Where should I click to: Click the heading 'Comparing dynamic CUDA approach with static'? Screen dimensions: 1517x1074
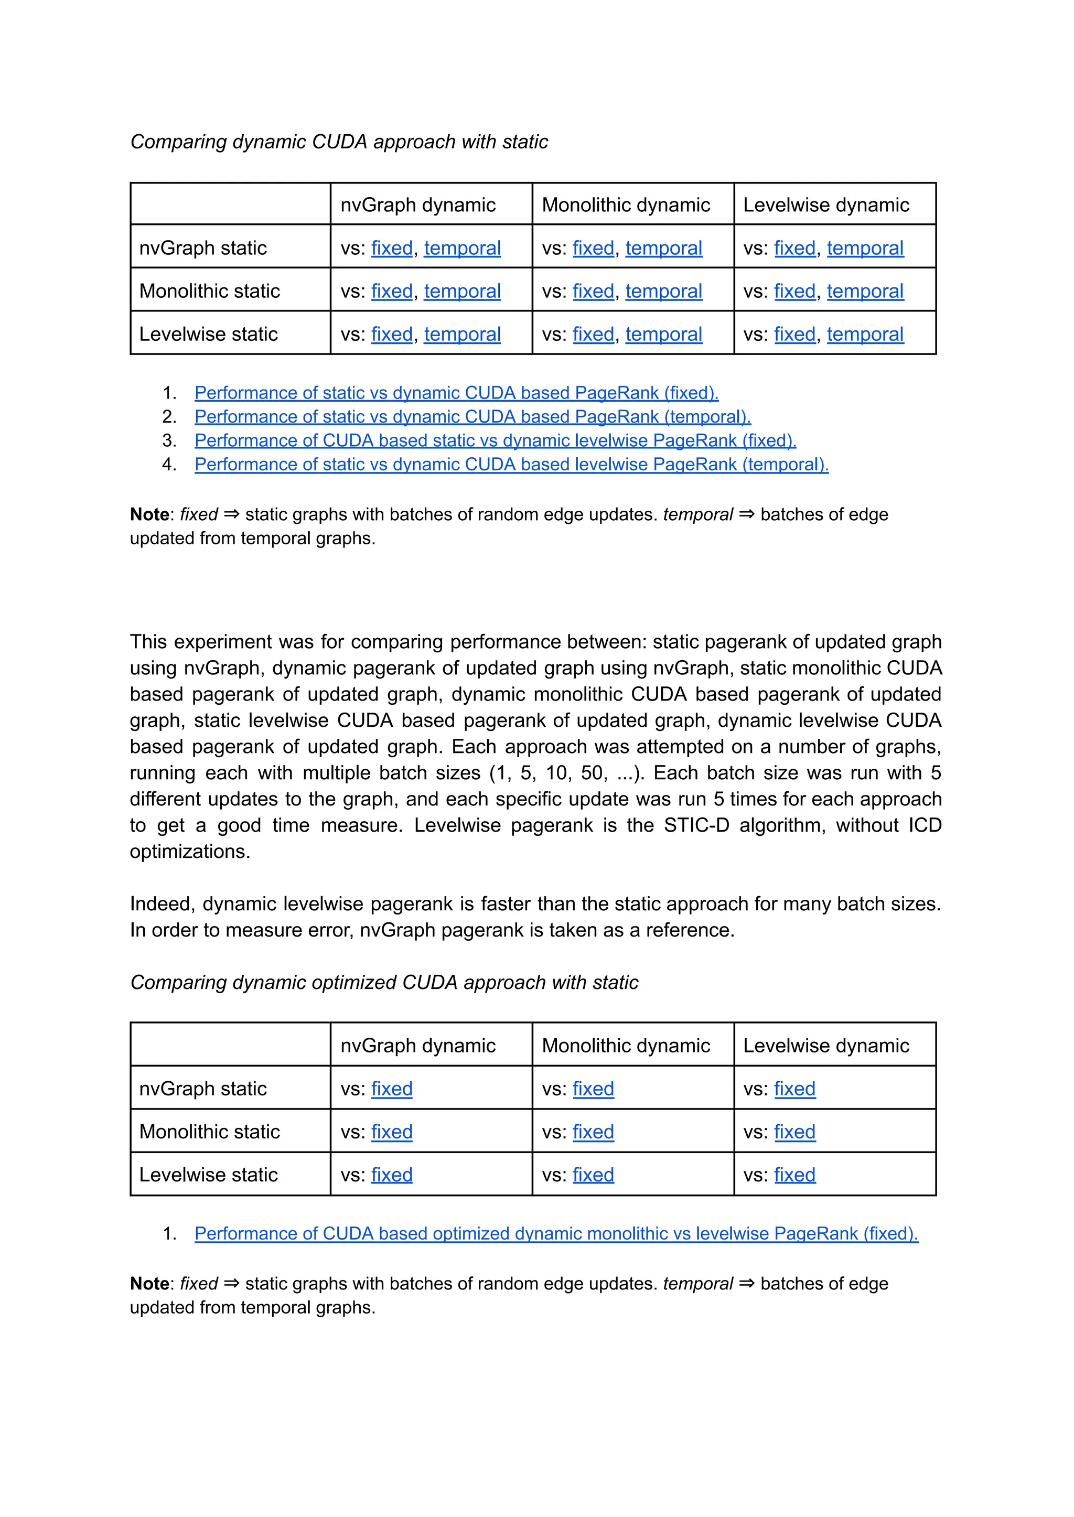pyautogui.click(x=339, y=142)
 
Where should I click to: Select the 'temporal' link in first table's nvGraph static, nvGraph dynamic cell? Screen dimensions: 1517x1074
pyautogui.click(x=461, y=248)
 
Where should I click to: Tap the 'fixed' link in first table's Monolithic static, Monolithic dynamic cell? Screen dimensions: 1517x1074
pyautogui.click(x=593, y=291)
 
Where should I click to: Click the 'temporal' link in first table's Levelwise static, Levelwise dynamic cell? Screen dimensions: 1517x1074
pyautogui.click(x=864, y=334)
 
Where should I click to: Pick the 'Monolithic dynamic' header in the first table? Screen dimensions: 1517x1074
pyautogui.click(x=626, y=205)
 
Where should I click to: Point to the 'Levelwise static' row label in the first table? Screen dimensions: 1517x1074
pyautogui.click(x=208, y=334)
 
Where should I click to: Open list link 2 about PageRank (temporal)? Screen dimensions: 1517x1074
pyautogui.click(x=472, y=417)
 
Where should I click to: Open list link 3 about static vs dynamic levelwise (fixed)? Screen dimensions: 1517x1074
pyautogui.click(x=495, y=440)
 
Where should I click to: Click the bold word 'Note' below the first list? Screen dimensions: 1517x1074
pyautogui.click(x=149, y=514)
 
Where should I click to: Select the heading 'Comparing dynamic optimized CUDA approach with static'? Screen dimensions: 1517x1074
pyautogui.click(x=383, y=983)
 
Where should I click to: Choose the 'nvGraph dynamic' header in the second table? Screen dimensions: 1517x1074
pyautogui.click(x=417, y=1046)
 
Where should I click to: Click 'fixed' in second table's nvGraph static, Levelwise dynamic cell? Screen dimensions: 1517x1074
pyautogui.click(x=794, y=1089)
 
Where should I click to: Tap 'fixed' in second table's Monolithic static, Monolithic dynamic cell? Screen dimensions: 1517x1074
pyautogui.click(x=593, y=1132)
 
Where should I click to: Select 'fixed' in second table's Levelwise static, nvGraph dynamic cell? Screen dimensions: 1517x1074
pyautogui.click(x=392, y=1175)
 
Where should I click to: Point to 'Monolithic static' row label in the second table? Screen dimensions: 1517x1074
pyautogui.click(x=209, y=1132)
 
